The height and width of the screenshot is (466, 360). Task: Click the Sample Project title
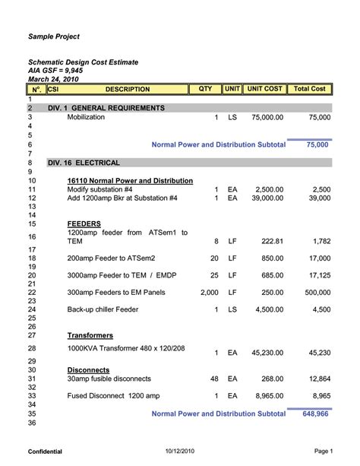[x=54, y=36]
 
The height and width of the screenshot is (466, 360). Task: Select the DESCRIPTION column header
[x=127, y=89]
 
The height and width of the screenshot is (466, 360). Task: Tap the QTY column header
[x=205, y=89]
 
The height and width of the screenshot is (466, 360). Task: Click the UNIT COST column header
[x=264, y=89]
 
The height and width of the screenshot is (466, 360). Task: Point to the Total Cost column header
[x=309, y=89]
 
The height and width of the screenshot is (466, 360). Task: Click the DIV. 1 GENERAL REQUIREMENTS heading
[x=106, y=108]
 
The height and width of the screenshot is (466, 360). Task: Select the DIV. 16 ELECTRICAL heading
[x=84, y=163]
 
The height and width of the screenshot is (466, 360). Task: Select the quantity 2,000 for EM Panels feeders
[x=209, y=292]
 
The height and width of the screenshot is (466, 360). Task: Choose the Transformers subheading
[x=90, y=334]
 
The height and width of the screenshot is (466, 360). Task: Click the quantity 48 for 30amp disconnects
[x=213, y=378]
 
